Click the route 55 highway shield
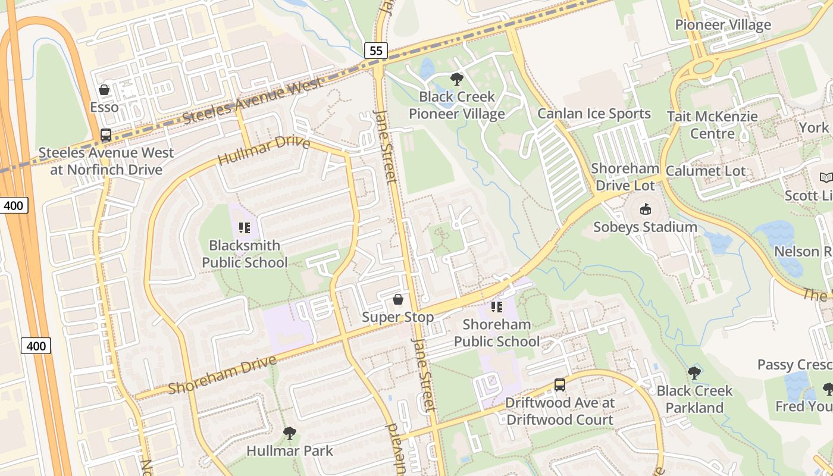coord(376,51)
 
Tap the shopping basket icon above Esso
coord(104,90)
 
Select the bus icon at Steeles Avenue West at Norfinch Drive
coord(106,135)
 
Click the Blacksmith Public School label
coord(245,253)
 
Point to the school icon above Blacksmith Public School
coord(245,227)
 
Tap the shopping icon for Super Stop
coord(398,299)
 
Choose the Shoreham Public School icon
coord(497,307)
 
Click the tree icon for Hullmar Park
coord(290,433)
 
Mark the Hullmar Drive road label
coord(264,151)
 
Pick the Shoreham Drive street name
coord(222,375)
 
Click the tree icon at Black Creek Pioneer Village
coord(456,79)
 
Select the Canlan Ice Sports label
coord(594,113)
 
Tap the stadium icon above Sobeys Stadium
coord(645,209)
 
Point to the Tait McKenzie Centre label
coord(712,125)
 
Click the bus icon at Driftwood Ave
coord(560,384)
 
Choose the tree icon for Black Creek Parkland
coord(694,373)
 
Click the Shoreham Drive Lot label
coord(625,177)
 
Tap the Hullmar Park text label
coord(290,450)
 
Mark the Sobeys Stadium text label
coord(645,227)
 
